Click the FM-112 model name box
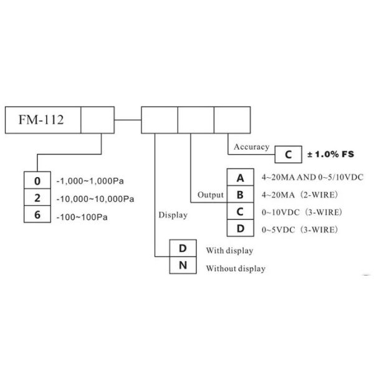click(x=43, y=120)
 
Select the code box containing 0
click(x=38, y=181)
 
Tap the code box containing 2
click(x=38, y=198)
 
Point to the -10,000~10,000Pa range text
click(x=95, y=199)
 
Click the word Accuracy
click(x=251, y=147)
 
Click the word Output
click(x=210, y=194)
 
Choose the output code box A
click(x=240, y=178)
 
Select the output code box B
click(x=240, y=194)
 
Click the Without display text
click(x=235, y=269)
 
